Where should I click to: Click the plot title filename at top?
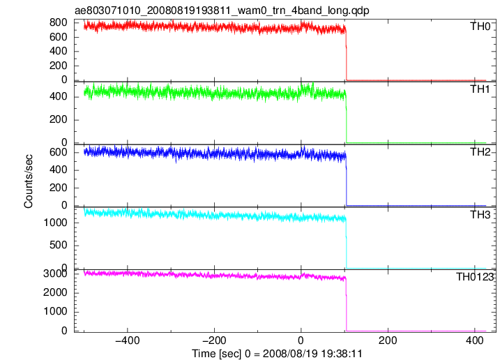click(222, 10)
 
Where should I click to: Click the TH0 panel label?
click(480, 27)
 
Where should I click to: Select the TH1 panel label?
click(480, 89)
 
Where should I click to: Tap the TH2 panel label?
click(480, 152)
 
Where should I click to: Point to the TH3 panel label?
click(480, 215)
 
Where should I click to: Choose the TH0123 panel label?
click(475, 277)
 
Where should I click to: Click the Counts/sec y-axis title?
click(29, 181)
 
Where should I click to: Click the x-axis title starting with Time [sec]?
click(277, 354)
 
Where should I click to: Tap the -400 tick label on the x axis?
click(128, 340)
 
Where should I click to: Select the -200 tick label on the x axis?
click(214, 340)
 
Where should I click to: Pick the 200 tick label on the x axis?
click(388, 340)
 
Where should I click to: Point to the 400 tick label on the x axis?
click(474, 340)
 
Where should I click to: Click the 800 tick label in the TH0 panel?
click(59, 22)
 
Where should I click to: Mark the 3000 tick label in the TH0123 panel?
click(55, 273)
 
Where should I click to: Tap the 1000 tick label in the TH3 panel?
click(55, 223)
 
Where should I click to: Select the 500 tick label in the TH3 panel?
click(59, 245)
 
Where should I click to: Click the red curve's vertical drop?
click(347, 54)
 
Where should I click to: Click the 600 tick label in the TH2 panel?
click(59, 152)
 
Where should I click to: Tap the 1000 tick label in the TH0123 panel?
click(55, 311)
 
